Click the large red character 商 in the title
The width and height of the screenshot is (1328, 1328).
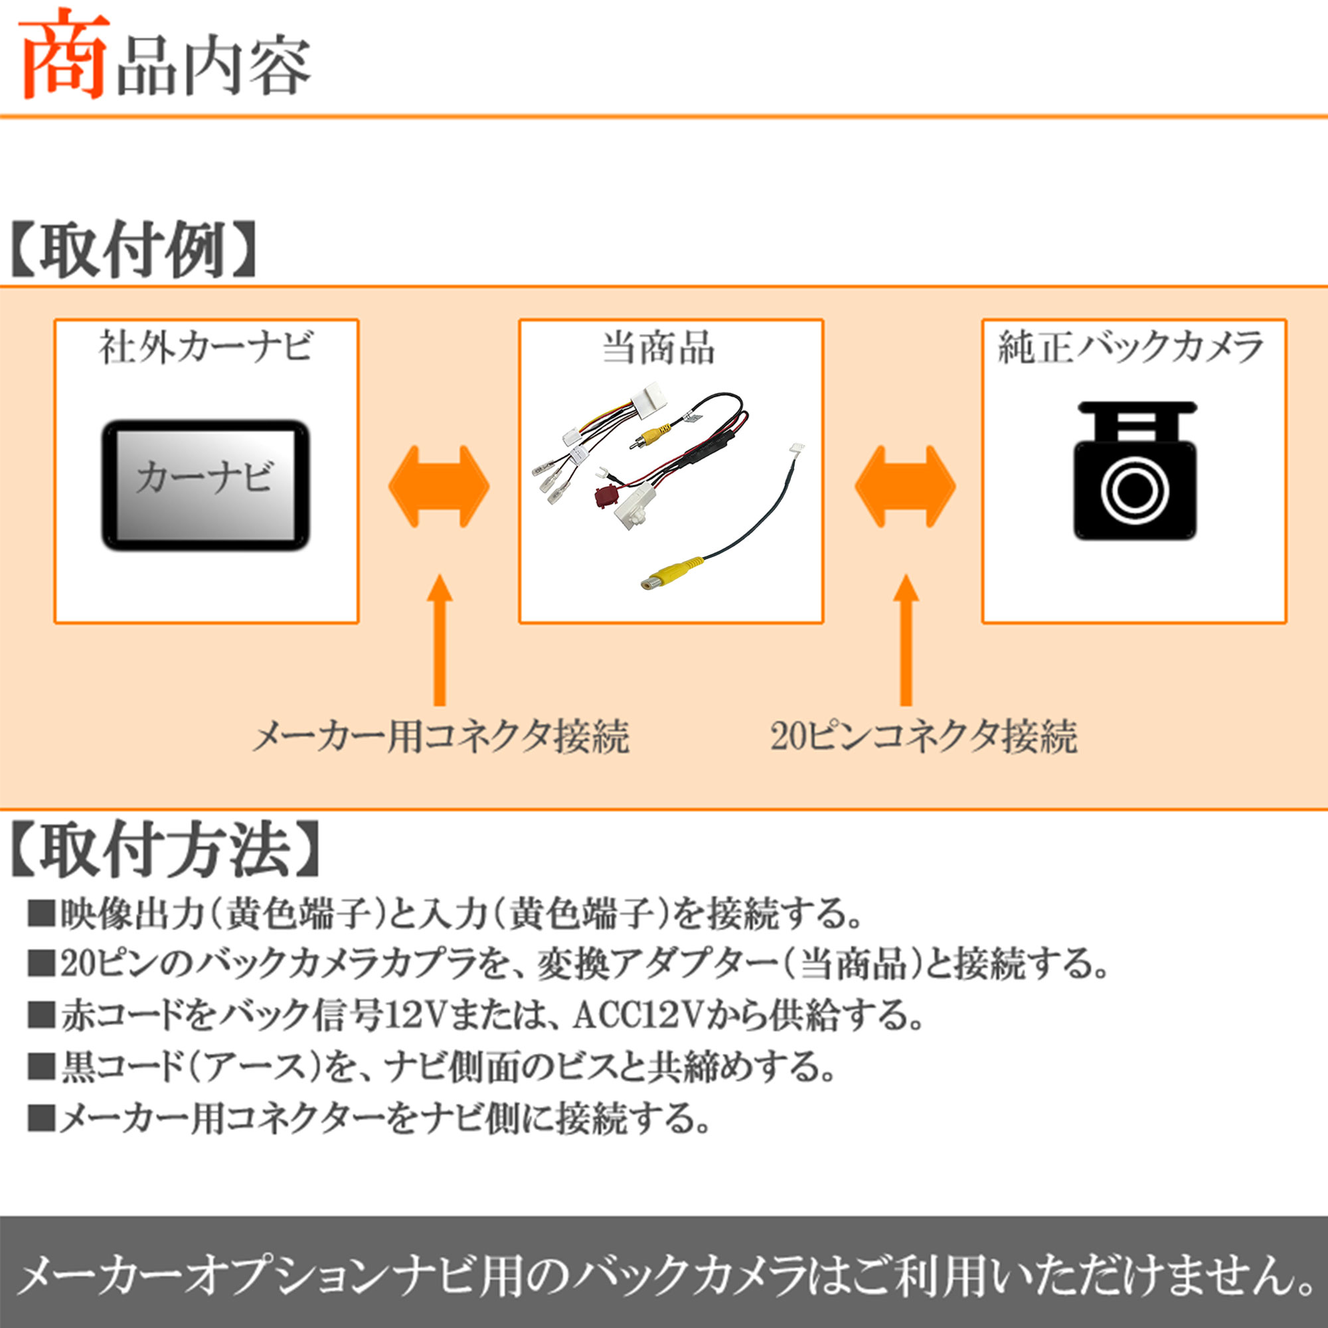point(63,54)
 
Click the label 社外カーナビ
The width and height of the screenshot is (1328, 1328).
point(207,347)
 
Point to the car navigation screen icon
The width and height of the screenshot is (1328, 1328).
point(206,485)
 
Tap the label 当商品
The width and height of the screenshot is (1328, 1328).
point(658,348)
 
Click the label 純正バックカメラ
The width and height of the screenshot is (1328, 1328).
point(1131,347)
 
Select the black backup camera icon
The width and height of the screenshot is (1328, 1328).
point(1135,471)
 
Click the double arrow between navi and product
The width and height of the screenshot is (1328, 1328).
point(438,487)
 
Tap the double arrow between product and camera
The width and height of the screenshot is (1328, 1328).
point(905,487)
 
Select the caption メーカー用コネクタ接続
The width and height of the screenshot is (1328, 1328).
point(441,738)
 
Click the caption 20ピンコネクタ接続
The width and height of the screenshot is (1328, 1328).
point(923,738)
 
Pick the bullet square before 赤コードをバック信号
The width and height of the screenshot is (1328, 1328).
point(41,1015)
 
